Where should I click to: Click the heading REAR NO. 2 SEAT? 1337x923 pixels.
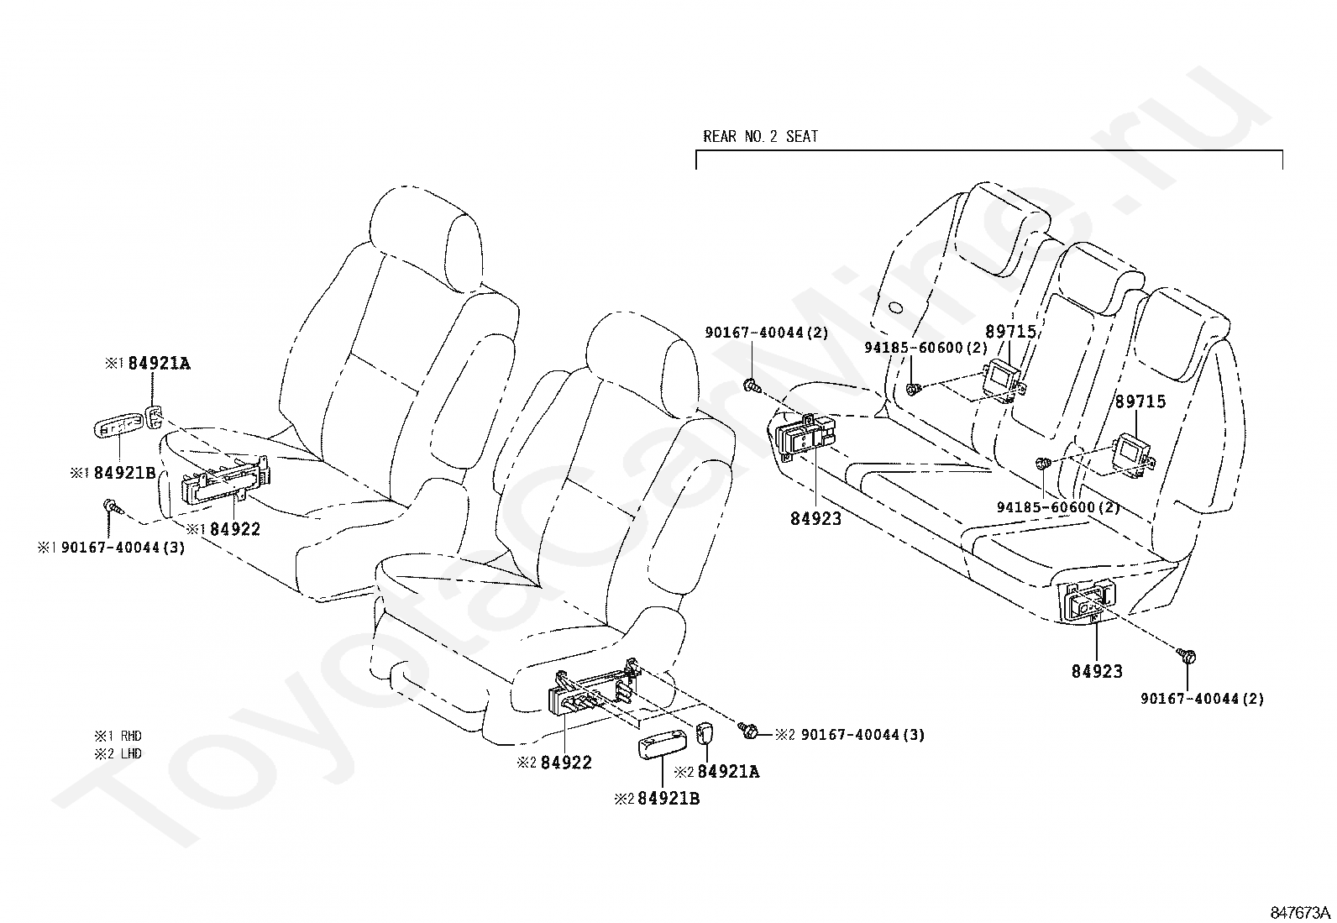click(x=760, y=137)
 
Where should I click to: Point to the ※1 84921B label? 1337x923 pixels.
click(x=113, y=473)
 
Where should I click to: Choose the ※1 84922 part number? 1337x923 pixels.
click(x=223, y=529)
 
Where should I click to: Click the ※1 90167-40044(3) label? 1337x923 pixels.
click(x=112, y=548)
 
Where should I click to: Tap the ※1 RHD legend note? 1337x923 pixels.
click(x=118, y=736)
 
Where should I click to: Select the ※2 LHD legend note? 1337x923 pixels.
click(x=118, y=753)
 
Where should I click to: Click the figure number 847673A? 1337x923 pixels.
click(x=1299, y=912)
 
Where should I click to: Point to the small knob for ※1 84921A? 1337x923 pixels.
click(x=154, y=417)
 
